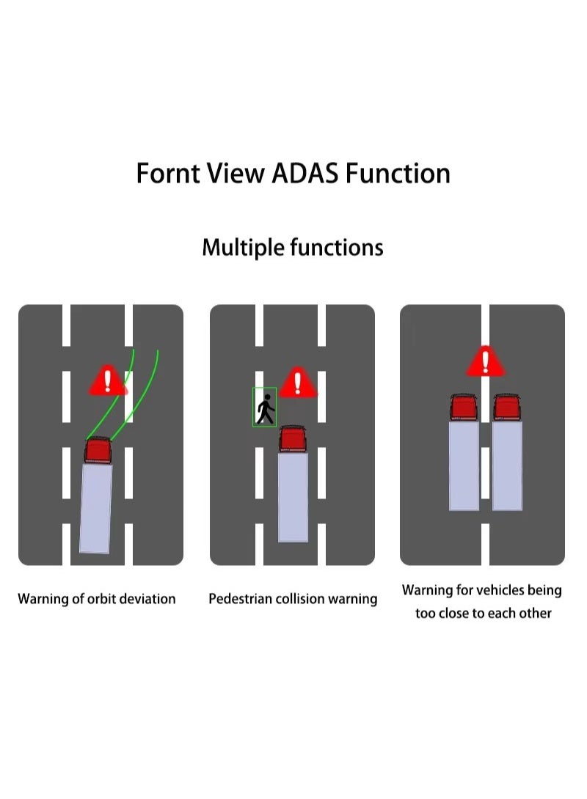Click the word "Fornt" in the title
pyautogui.click(x=168, y=173)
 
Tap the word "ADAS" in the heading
pyautogui.click(x=305, y=173)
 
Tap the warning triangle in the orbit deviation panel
pyautogui.click(x=108, y=380)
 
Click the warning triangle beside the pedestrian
pyautogui.click(x=298, y=383)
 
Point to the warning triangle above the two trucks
pyautogui.click(x=486, y=362)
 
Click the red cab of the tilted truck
pyautogui.click(x=98, y=449)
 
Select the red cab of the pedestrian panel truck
pyautogui.click(x=293, y=439)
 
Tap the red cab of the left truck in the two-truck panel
pyautogui.click(x=464, y=407)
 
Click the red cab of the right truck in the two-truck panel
pyautogui.click(x=507, y=407)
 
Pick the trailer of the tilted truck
pyautogui.click(x=96, y=508)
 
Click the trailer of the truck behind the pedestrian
pyautogui.click(x=293, y=497)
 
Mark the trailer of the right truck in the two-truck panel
pyautogui.click(x=507, y=465)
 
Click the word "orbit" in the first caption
pyautogui.click(x=100, y=599)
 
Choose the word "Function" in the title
pyautogui.click(x=398, y=173)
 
